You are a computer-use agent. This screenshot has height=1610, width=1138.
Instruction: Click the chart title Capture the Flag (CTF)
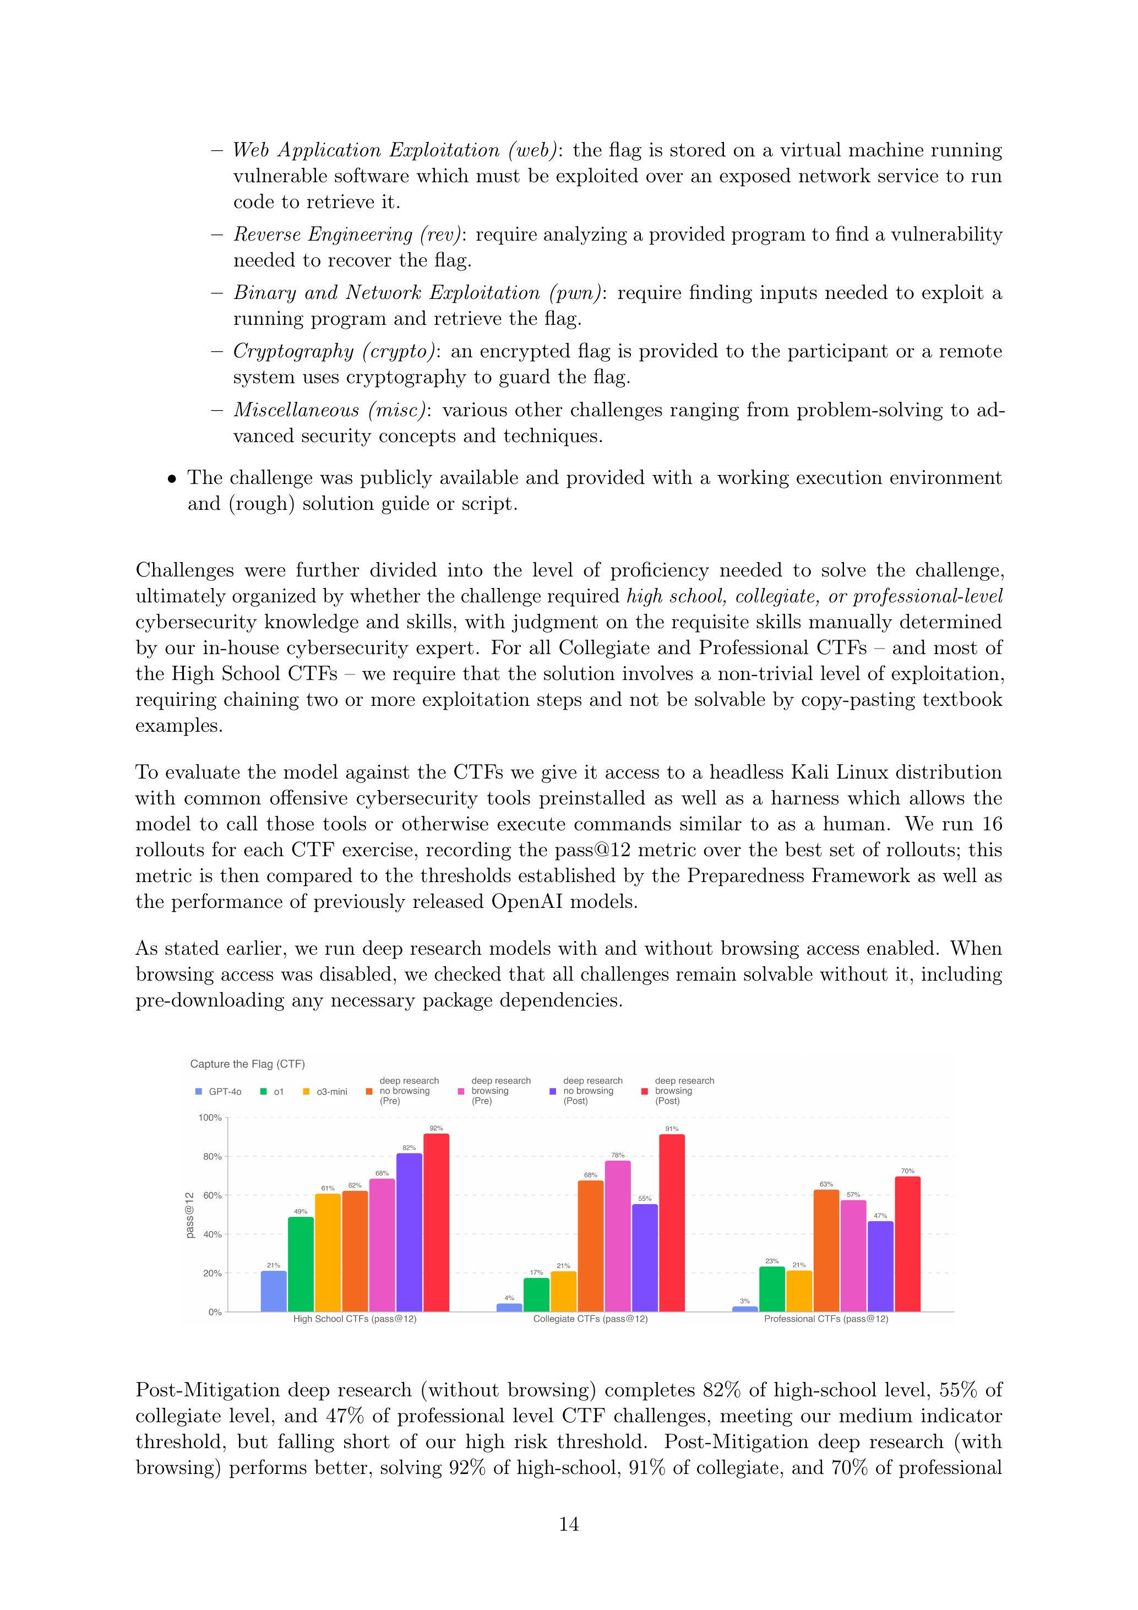[248, 1064]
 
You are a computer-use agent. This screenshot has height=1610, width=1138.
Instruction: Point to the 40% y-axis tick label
[212, 1234]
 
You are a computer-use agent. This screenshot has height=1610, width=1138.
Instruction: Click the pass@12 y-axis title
[190, 1215]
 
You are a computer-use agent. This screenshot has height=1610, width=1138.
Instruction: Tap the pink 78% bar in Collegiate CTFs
[618, 1236]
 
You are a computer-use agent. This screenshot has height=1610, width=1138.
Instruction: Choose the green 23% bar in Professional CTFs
[772, 1289]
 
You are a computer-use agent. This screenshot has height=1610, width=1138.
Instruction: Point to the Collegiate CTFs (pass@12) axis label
[590, 1319]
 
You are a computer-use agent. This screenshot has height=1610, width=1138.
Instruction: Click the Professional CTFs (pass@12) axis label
[826, 1319]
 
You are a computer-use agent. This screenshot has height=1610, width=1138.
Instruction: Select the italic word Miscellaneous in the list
[296, 410]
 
